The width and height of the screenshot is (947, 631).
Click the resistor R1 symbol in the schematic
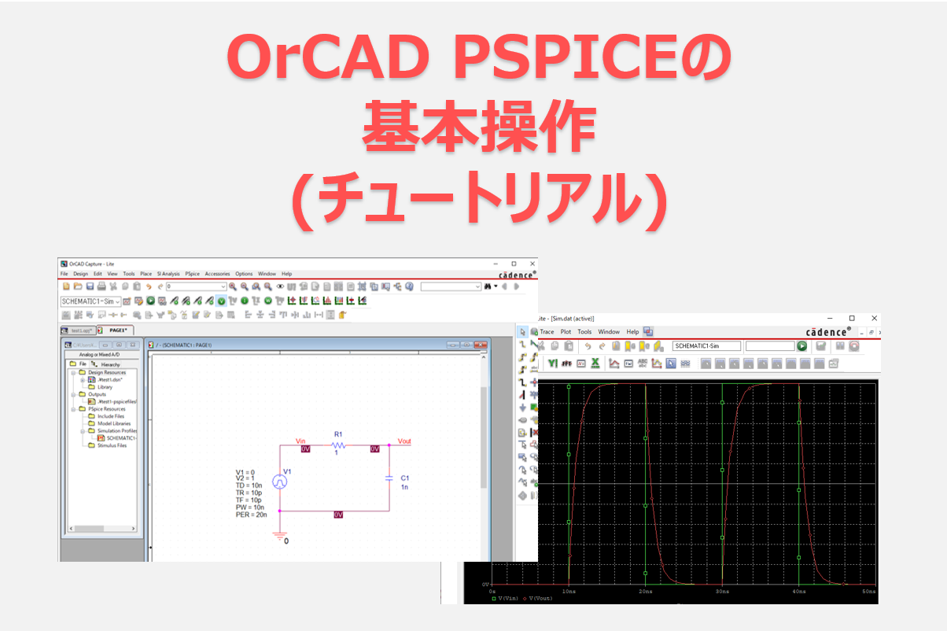[x=338, y=445]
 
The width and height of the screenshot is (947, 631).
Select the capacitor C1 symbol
[x=389, y=477]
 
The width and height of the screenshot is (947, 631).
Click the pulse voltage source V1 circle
[x=279, y=482]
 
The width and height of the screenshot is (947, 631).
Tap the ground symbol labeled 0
[x=279, y=537]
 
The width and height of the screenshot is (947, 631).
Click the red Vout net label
[x=404, y=441]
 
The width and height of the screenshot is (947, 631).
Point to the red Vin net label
[x=300, y=441]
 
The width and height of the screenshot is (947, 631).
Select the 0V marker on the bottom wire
[x=338, y=514]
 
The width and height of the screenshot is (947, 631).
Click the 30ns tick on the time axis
[x=721, y=590]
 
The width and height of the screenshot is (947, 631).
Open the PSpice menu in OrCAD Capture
[x=192, y=274]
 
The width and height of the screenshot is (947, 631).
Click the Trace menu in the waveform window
[x=547, y=332]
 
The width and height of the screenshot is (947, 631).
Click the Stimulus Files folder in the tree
[x=112, y=445]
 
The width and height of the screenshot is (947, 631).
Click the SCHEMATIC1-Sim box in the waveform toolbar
[x=706, y=346]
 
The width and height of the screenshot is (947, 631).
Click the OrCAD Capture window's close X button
[x=531, y=264]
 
